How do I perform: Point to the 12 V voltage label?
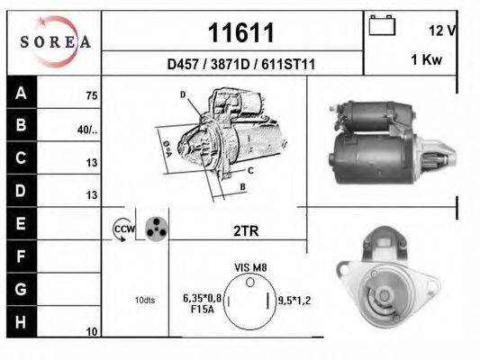pyautogui.click(x=442, y=30)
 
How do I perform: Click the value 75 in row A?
pyautogui.click(x=92, y=95)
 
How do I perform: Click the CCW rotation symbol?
pyautogui.click(x=123, y=230)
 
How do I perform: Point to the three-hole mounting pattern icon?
pyautogui.click(x=156, y=229)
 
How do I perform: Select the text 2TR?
pyautogui.click(x=245, y=230)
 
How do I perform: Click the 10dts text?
pyautogui.click(x=143, y=300)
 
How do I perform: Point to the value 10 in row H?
pyautogui.click(x=92, y=332)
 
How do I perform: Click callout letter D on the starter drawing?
pyautogui.click(x=183, y=94)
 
